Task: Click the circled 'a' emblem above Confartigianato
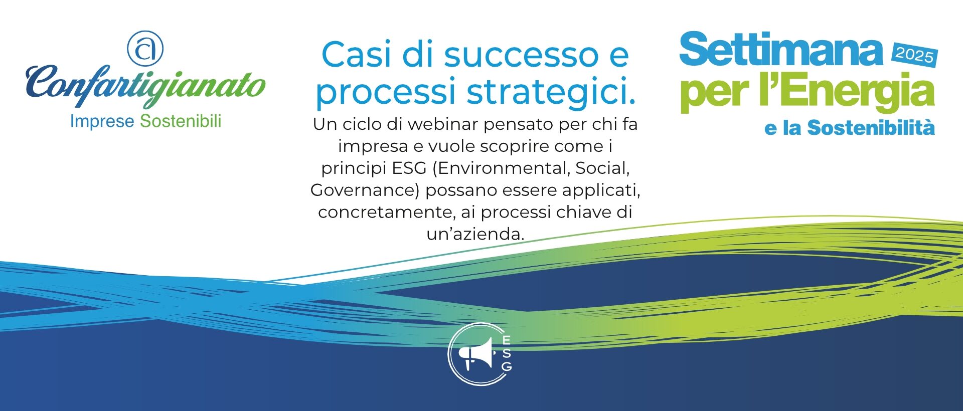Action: coord(145,48)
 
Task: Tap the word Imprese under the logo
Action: coord(102,121)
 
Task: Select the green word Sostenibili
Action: coord(181,121)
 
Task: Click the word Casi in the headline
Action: coord(356,55)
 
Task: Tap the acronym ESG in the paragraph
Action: coord(409,168)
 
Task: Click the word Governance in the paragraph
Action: coord(365,190)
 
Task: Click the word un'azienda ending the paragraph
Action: coord(475,234)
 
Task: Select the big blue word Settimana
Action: coord(780,50)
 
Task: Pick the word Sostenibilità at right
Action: coord(871,128)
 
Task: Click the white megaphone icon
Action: coord(476,354)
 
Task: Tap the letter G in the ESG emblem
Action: coord(507,367)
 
